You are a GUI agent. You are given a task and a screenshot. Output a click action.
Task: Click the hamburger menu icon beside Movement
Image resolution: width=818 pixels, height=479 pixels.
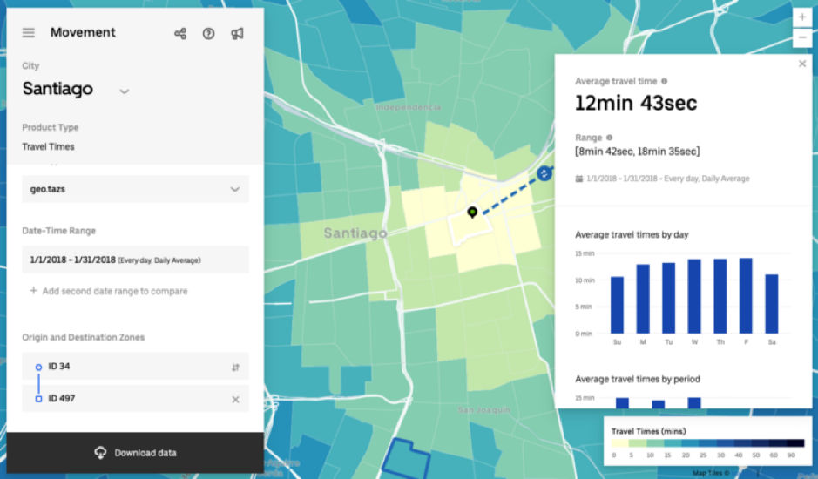click(29, 33)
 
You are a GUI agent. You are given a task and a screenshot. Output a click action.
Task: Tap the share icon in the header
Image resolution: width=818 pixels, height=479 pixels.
click(180, 34)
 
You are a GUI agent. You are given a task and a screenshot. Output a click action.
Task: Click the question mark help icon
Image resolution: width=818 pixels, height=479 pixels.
click(208, 34)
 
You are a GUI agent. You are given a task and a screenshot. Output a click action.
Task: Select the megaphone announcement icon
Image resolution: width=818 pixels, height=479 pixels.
click(237, 34)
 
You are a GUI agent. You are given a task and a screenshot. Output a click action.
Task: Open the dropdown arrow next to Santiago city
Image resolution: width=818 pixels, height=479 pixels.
click(124, 91)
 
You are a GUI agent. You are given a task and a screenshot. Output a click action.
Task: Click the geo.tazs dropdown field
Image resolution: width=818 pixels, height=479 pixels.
click(135, 189)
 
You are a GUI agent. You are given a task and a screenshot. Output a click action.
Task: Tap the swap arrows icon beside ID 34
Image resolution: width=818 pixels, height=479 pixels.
click(235, 367)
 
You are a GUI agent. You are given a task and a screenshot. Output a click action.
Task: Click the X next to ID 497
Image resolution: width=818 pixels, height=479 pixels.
click(235, 399)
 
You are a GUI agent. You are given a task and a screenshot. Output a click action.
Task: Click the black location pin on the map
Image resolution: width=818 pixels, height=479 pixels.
click(472, 213)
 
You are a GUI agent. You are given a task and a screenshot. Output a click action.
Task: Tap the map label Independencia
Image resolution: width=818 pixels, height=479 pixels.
click(408, 107)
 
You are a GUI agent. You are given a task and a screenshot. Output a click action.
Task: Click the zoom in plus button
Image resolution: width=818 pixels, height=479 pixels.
click(801, 17)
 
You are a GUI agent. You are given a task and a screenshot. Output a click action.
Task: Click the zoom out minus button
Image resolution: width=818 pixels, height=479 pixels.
click(801, 37)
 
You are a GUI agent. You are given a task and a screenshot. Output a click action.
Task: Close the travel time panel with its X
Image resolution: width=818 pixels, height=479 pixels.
click(802, 64)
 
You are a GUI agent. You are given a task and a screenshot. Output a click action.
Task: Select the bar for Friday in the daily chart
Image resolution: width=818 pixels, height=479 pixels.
click(746, 295)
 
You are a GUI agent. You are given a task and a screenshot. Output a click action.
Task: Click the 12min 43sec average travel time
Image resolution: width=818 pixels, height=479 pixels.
click(636, 103)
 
